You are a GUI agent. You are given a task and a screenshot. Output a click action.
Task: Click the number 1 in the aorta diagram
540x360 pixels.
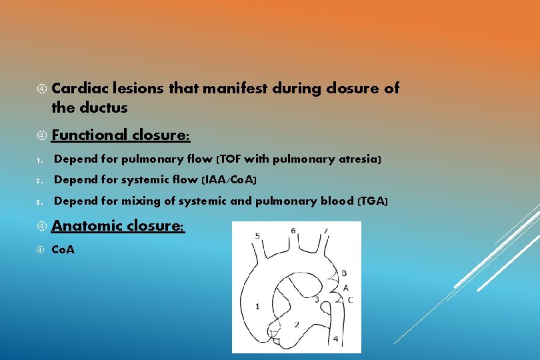click(258, 306)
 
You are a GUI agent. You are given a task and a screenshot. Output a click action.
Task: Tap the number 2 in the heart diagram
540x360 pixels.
click(297, 324)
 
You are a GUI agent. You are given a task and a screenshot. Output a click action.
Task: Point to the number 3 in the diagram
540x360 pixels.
click(316, 299)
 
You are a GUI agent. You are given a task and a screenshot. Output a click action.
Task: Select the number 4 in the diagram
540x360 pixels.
click(335, 339)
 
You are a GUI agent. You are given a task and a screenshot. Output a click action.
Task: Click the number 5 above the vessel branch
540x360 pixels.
click(257, 236)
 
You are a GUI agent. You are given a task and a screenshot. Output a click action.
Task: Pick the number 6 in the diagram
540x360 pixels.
click(293, 231)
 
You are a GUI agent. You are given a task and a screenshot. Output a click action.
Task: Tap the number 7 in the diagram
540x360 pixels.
click(325, 231)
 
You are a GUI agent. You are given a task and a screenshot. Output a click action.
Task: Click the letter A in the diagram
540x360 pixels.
click(345, 287)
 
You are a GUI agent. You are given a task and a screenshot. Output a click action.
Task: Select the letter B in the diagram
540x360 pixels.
click(344, 273)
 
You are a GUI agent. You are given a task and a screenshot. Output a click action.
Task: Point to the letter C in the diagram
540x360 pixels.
click(351, 300)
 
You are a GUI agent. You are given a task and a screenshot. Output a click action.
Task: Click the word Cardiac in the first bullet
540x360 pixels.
click(80, 88)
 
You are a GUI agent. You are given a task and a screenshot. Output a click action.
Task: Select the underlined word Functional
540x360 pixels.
click(89, 135)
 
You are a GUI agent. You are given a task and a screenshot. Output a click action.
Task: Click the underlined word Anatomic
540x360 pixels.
click(84, 226)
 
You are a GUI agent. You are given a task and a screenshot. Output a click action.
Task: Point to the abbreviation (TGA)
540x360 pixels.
click(372, 201)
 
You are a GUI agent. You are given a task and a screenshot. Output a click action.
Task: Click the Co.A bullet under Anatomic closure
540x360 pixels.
click(63, 250)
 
